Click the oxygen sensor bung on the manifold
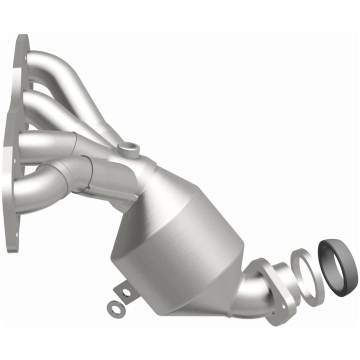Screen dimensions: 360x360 click(x=128, y=148)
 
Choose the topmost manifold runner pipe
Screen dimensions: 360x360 click(x=60, y=62)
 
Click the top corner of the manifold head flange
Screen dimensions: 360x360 click(x=21, y=40)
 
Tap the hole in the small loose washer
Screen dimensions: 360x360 click(x=116, y=309)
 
